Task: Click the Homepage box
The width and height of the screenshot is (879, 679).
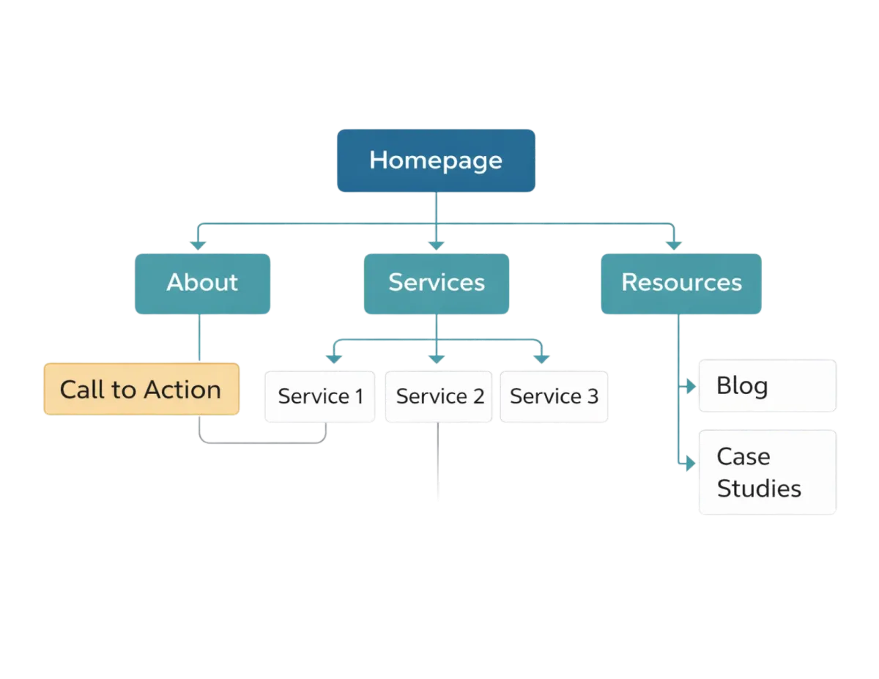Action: (x=436, y=160)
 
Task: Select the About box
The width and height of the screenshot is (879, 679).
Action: (x=202, y=283)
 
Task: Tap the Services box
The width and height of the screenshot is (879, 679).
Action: (x=436, y=283)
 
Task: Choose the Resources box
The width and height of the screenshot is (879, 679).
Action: (x=681, y=283)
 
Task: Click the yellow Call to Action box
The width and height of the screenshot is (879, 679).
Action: (x=141, y=389)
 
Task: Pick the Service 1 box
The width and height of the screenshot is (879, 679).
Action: (x=320, y=396)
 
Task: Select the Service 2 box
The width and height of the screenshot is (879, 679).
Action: (x=439, y=396)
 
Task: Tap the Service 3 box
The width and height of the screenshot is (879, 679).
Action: (x=554, y=396)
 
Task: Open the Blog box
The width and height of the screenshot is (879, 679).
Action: (x=767, y=386)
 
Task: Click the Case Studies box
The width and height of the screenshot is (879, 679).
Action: (x=767, y=472)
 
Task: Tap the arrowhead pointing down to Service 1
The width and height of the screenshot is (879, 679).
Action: (x=334, y=359)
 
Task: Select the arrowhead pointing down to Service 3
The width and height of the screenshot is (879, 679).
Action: (x=541, y=359)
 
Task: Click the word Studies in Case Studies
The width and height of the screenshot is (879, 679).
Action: (x=759, y=489)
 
